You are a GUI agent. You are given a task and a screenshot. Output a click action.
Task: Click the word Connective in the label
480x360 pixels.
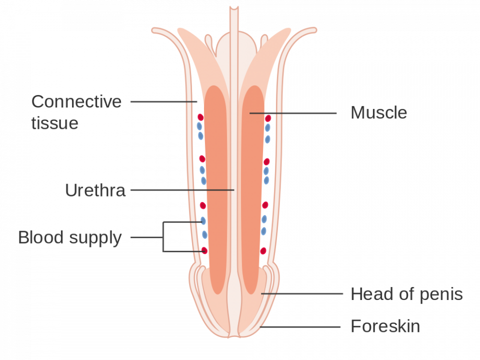76,101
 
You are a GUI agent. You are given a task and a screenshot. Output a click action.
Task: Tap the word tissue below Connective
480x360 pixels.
55,123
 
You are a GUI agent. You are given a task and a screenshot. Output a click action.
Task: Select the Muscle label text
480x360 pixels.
378,112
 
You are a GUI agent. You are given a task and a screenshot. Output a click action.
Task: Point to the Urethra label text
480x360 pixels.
95,190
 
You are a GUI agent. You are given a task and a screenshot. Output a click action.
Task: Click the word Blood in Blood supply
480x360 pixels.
40,237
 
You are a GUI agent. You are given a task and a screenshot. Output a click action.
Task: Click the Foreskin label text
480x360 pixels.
385,326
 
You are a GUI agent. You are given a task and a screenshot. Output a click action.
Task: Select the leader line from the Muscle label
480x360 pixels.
293,113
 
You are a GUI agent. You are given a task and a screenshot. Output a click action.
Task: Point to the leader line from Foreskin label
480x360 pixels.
300,327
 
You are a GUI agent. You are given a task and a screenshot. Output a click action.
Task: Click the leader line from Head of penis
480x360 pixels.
302,293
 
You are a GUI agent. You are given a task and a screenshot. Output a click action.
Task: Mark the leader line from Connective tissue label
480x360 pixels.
164,101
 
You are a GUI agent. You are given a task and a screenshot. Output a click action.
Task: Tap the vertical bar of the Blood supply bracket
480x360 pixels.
163,237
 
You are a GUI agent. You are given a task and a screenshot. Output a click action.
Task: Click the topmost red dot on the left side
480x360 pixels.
200,117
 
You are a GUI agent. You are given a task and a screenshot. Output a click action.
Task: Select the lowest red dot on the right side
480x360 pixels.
263,251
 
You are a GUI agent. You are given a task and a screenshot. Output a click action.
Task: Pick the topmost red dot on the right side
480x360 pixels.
268,118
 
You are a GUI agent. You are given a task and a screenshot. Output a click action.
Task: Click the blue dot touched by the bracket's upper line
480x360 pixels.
203,220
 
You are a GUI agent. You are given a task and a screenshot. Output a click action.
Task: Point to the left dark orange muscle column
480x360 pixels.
216,190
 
